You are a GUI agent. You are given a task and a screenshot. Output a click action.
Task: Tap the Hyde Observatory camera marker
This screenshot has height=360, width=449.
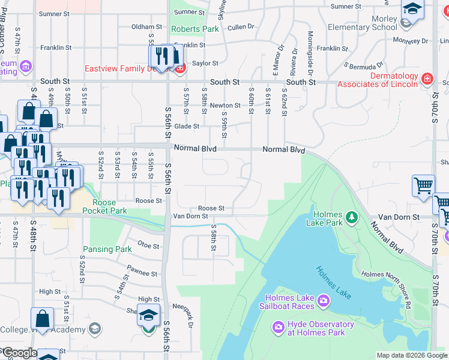click(x=278, y=328)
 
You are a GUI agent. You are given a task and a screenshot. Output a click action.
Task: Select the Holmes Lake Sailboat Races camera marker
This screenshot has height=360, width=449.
click(x=324, y=299)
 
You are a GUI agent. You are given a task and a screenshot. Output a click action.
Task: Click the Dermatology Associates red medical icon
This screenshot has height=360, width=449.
click(x=427, y=79)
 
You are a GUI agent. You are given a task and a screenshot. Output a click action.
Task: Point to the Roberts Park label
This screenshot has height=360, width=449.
click(x=195, y=29)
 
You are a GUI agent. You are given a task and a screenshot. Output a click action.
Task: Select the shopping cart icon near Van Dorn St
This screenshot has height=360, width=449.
click(x=423, y=185)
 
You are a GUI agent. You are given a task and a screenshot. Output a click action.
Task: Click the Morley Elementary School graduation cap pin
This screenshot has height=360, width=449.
click(x=412, y=10)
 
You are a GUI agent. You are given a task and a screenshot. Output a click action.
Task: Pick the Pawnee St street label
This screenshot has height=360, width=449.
click(x=142, y=273)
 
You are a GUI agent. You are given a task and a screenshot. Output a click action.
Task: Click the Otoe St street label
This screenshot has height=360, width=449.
click(x=147, y=245)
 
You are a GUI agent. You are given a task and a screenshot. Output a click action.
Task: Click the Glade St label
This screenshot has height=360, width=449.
click(x=187, y=126)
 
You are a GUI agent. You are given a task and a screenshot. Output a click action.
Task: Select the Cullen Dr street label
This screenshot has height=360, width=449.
click(x=241, y=26)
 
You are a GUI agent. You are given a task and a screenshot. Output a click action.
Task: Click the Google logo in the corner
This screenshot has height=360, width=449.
click(x=19, y=353)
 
